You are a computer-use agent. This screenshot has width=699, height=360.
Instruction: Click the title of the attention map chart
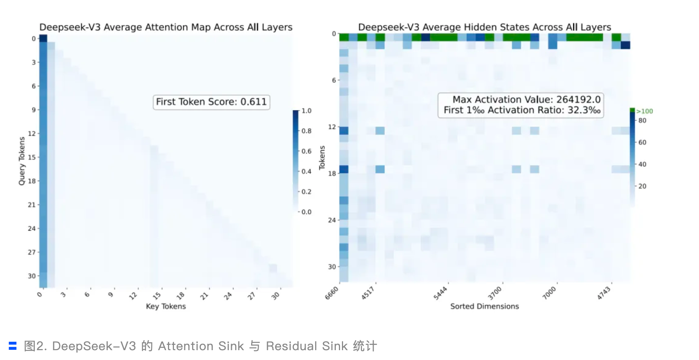tap(166, 27)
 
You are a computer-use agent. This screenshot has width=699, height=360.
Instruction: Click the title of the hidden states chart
tap(484, 27)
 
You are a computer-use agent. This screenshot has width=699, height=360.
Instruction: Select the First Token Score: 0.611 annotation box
tap(211, 102)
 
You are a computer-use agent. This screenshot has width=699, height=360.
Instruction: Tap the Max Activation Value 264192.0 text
tap(526, 99)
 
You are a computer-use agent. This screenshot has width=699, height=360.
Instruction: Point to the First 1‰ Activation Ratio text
tap(522, 110)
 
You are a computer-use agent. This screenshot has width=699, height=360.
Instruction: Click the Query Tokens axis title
tap(22, 161)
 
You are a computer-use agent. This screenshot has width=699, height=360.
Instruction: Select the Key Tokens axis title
tap(166, 306)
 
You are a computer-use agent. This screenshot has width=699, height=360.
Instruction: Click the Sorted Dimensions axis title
tap(484, 306)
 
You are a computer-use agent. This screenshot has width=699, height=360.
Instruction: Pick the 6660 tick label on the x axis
tap(332, 293)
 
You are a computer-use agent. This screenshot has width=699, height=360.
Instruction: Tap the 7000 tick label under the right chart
tap(549, 293)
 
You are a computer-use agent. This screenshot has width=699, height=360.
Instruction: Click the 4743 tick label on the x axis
tap(604, 293)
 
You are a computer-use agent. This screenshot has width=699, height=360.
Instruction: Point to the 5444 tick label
tap(440, 293)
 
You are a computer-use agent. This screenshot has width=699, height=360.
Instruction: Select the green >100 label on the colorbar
tap(644, 111)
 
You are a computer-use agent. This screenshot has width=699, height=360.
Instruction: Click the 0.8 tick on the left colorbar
tap(306, 131)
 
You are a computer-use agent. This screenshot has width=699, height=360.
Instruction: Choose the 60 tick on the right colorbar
tap(642, 143)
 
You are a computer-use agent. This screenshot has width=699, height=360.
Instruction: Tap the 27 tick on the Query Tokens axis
tap(31, 252)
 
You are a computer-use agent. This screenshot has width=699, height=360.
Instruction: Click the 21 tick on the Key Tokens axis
tap(204, 296)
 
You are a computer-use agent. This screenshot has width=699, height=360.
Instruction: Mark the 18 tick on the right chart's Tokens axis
tap(332, 174)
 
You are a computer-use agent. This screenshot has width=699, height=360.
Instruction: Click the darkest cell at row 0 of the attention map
tap(43, 38)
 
